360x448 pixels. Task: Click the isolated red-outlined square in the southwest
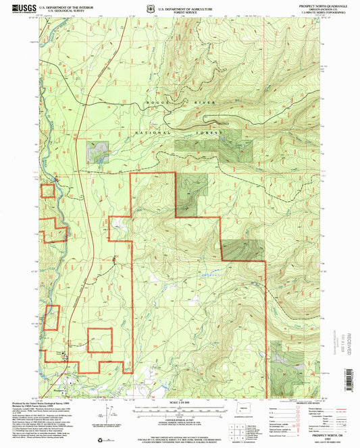coord(100,339)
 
